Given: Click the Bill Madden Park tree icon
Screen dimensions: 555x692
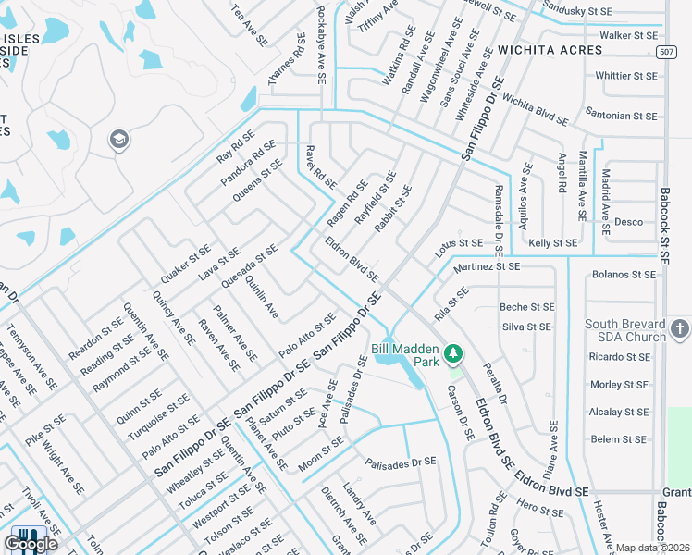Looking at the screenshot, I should click(x=453, y=352).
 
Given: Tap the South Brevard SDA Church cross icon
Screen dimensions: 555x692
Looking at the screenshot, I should click(x=679, y=329).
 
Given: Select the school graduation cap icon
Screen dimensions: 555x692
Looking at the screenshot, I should click(x=118, y=140).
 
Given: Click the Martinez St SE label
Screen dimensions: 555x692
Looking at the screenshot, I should click(x=488, y=266).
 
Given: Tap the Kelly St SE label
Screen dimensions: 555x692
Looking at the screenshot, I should click(x=553, y=243).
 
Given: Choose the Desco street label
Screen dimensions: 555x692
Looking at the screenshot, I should click(x=629, y=222).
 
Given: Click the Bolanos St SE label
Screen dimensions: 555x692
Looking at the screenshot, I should click(x=624, y=275).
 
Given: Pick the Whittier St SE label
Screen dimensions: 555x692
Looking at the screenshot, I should click(x=626, y=76).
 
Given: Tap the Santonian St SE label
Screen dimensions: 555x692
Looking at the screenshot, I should click(x=621, y=117).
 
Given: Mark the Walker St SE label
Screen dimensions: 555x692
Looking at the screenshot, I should click(x=634, y=35).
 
